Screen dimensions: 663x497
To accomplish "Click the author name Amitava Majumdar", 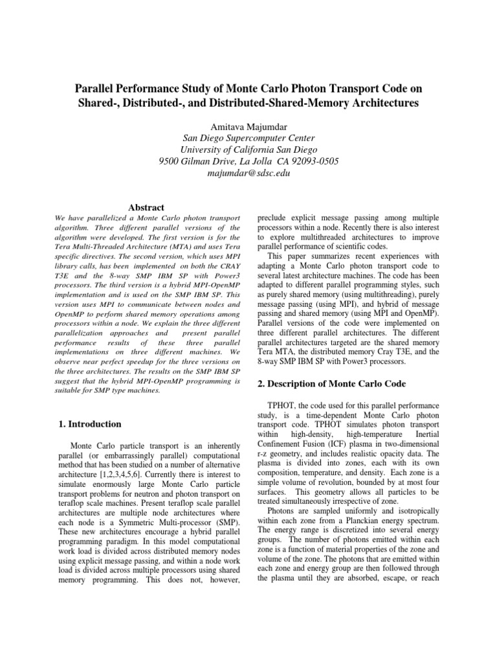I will click(248, 125).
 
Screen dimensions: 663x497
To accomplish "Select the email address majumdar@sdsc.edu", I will click(248, 174).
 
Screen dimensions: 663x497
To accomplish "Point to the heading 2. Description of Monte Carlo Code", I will click(331, 383).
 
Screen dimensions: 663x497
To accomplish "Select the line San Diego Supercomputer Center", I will click(248, 137).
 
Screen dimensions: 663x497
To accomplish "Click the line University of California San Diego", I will click(248, 150).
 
